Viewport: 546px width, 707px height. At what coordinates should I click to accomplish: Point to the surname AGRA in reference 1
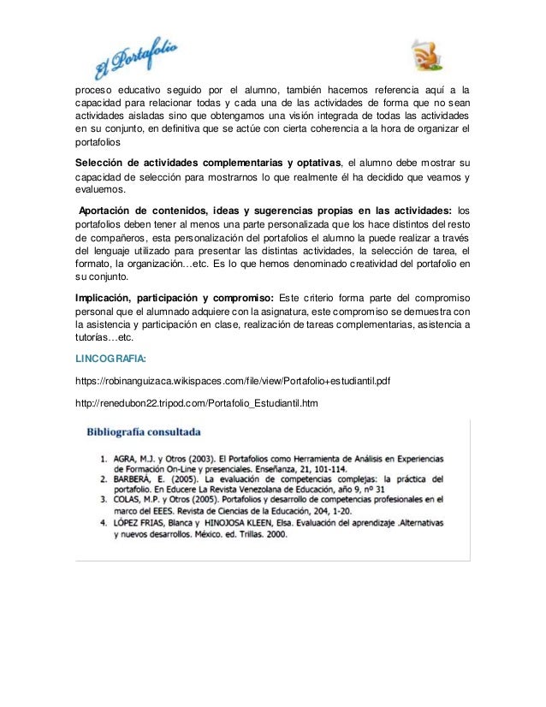(x=127, y=459)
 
